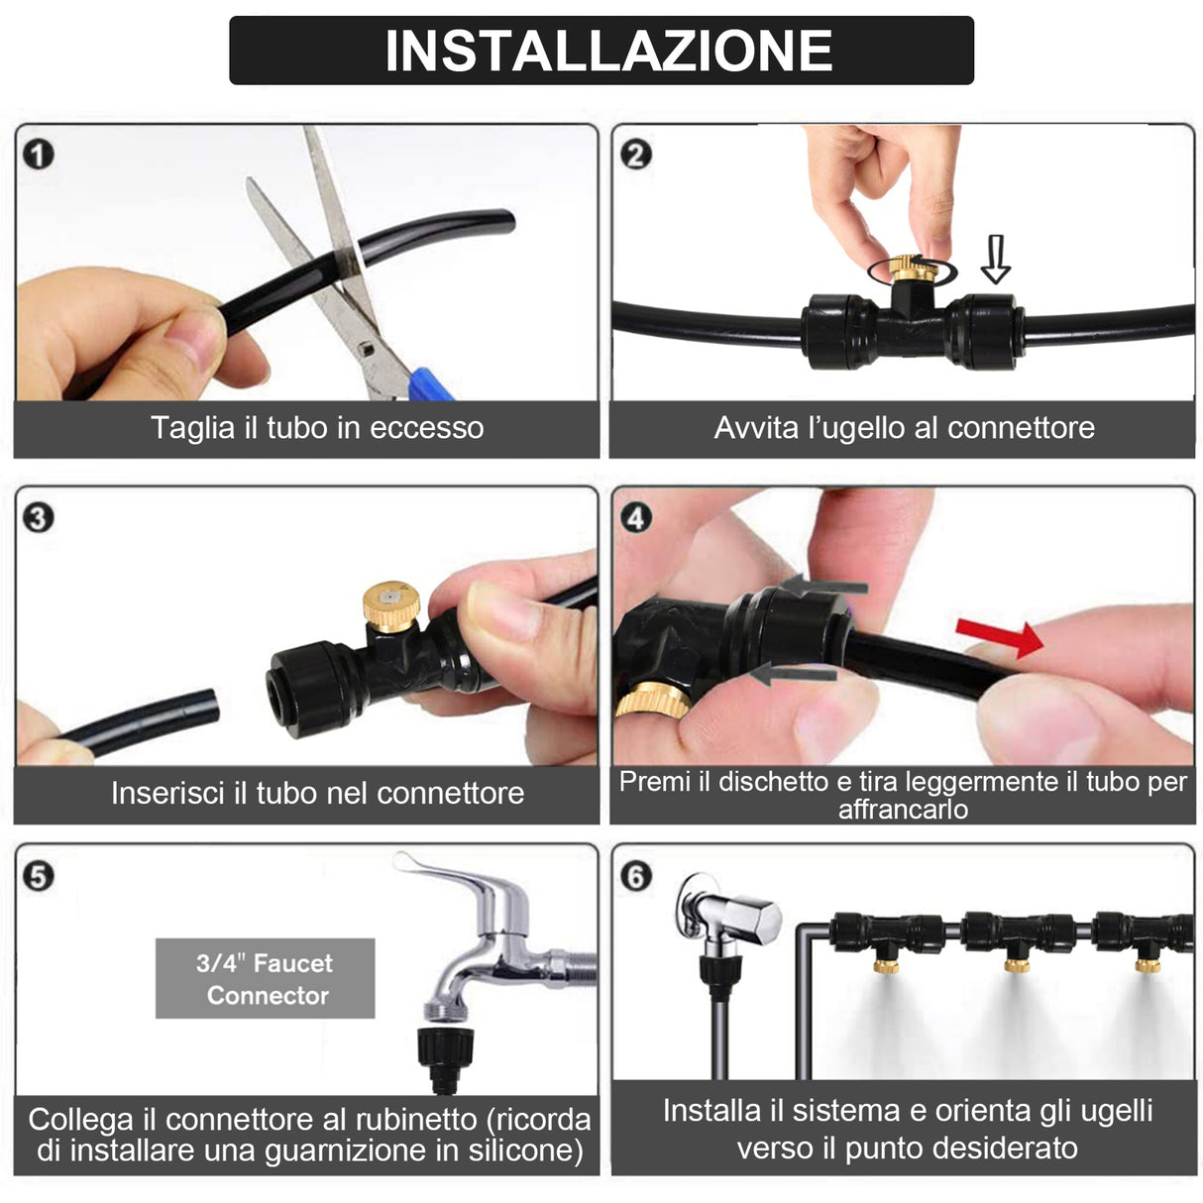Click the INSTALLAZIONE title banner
pos(601,50)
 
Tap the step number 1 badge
pos(39,156)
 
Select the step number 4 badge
pos(635,517)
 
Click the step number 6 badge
pos(635,876)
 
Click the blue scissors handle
pos(429,383)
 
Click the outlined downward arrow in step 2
pos(996,260)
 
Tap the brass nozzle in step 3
pos(390,603)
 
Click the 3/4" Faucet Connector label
pos(265,979)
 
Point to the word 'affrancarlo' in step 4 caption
pos(903,810)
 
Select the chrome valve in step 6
pos(729,917)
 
